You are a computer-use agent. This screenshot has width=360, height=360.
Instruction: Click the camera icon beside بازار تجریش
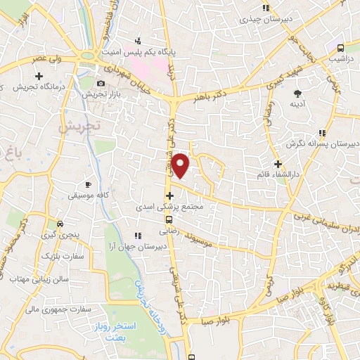tap(101, 83)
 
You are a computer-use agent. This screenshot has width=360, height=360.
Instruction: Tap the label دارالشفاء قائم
tap(278, 173)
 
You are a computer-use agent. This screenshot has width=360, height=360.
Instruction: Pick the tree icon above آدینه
tap(298, 93)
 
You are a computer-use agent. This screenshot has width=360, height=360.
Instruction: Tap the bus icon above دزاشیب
tap(340, 48)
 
